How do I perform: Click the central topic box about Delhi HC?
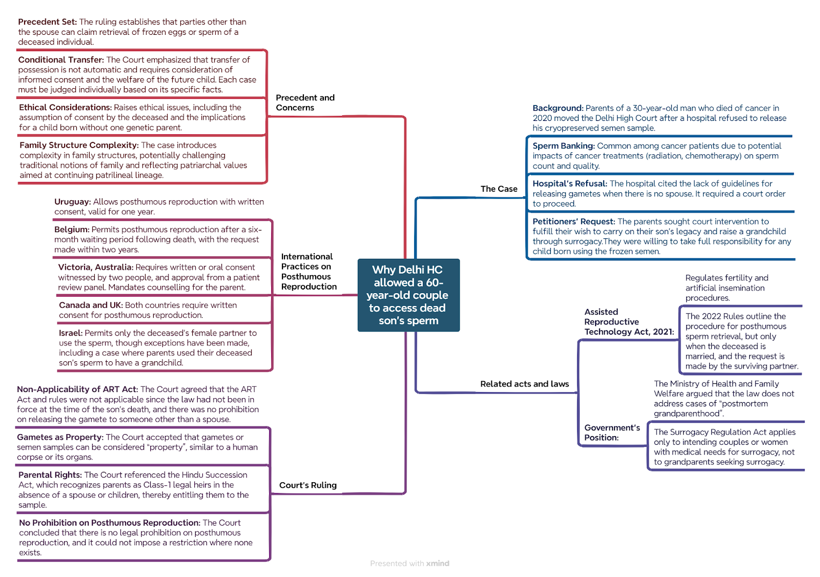[x=408, y=295]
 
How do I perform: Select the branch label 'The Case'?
[x=499, y=189]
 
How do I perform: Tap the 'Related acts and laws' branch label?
[x=525, y=384]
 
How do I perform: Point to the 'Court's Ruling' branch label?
[x=308, y=485]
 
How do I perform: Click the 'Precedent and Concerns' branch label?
[x=305, y=102]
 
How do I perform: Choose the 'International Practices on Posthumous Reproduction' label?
[x=309, y=271]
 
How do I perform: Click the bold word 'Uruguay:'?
[x=72, y=202]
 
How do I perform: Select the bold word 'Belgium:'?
[x=72, y=230]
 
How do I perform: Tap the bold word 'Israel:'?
[x=71, y=333]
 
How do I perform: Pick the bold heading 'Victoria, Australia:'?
[x=95, y=267]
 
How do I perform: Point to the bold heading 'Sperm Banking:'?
[x=563, y=146]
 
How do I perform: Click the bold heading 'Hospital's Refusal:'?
[x=569, y=183]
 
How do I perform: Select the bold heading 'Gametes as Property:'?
[x=60, y=437]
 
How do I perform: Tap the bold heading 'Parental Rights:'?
[x=50, y=475]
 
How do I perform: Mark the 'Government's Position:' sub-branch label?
[x=612, y=432]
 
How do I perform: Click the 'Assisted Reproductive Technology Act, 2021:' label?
[x=629, y=322]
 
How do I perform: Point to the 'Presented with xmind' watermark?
[x=409, y=564]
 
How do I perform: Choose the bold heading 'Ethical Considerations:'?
[x=66, y=107]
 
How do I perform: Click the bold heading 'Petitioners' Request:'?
[x=573, y=221]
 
